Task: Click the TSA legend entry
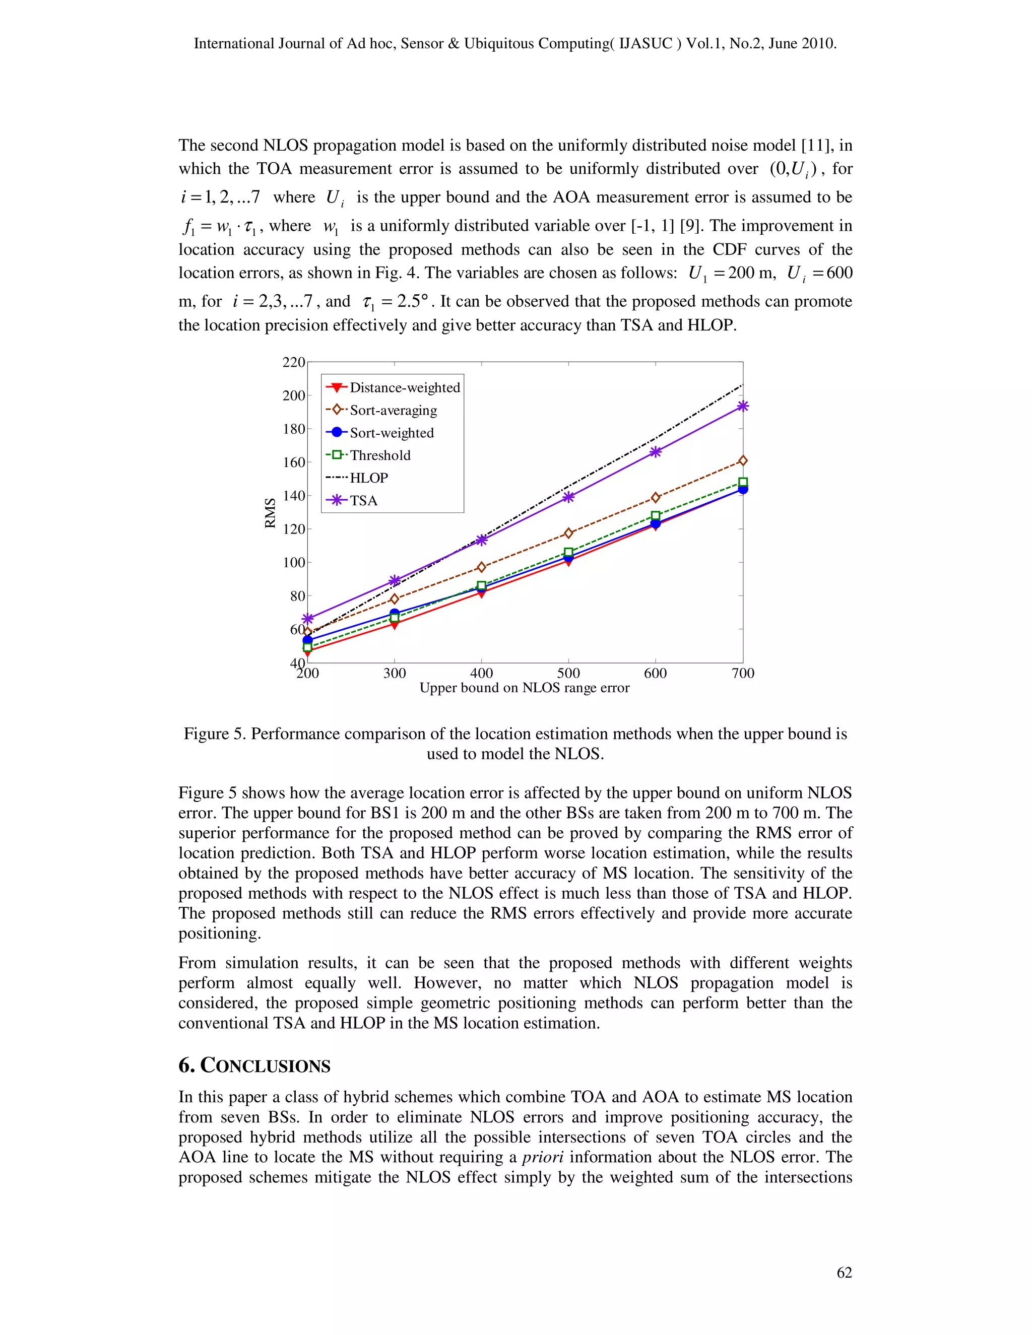point(363,501)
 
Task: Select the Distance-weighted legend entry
point(404,387)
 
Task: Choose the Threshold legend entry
point(379,455)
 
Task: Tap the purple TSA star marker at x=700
point(743,406)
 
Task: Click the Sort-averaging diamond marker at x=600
point(656,498)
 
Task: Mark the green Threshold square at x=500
point(568,553)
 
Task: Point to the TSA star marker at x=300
point(395,580)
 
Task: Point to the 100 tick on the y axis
point(293,562)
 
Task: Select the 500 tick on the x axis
point(568,674)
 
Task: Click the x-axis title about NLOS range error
point(524,688)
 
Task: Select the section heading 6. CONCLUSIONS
point(254,1065)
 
